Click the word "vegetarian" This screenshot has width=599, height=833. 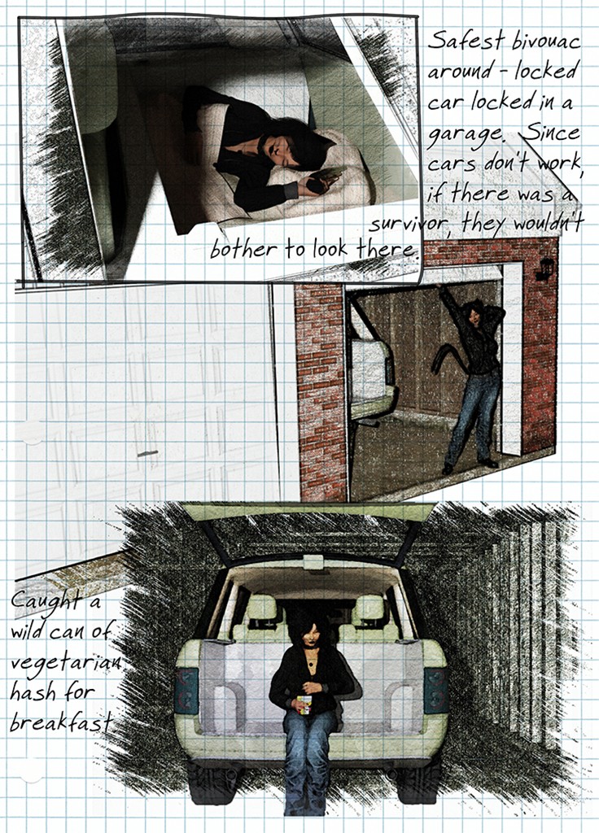(65, 662)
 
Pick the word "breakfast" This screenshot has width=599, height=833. (61, 722)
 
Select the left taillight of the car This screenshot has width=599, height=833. (186, 691)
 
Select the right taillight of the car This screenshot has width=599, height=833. (435, 691)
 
